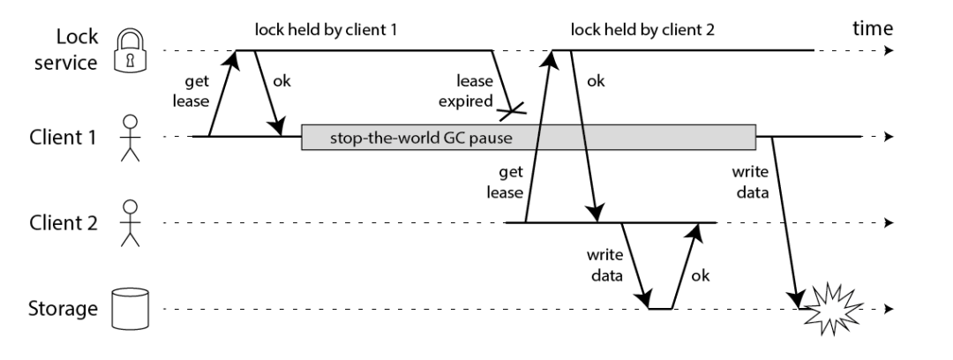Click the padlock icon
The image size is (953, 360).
click(x=131, y=50)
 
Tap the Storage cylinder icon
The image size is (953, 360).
click(x=130, y=309)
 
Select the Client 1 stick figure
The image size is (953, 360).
click(x=130, y=138)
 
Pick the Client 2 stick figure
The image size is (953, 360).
click(x=130, y=224)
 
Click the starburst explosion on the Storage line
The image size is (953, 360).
click(x=831, y=309)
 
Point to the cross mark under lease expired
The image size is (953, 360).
click(x=511, y=110)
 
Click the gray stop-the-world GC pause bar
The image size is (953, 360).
click(x=529, y=137)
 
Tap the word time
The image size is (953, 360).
click(x=873, y=28)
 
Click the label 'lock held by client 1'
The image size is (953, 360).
click(x=326, y=29)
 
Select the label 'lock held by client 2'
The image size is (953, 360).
click(x=643, y=29)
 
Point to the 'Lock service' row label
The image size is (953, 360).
click(x=66, y=49)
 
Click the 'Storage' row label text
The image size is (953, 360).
click(x=63, y=309)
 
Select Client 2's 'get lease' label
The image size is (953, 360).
click(x=505, y=182)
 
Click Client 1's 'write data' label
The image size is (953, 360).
click(x=750, y=182)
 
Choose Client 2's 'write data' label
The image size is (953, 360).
click(x=604, y=265)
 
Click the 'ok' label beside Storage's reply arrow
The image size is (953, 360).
click(x=700, y=275)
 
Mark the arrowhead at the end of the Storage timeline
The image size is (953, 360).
click(x=889, y=309)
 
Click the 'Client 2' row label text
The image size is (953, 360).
click(x=64, y=223)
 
